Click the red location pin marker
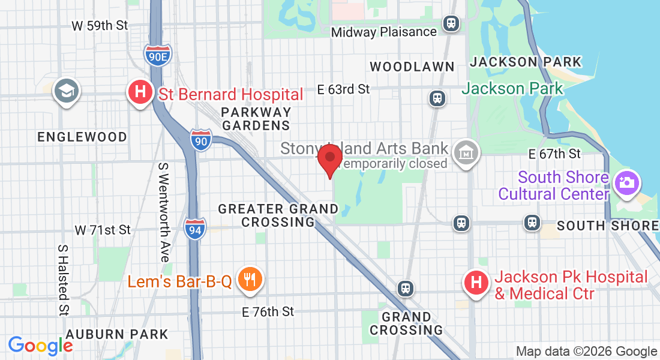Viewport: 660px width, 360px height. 329,158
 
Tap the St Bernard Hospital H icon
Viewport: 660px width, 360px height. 140,92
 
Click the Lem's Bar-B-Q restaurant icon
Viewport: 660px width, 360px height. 248,279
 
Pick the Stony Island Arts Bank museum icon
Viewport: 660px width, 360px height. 466,152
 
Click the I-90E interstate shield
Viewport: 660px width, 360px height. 158,55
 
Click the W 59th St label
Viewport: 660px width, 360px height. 100,26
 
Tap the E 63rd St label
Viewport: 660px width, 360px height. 344,89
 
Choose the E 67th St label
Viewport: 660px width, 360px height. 554,154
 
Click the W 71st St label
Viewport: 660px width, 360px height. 103,230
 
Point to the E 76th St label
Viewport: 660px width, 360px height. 268,311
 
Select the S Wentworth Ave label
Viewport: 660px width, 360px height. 163,212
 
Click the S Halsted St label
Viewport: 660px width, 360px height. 63,280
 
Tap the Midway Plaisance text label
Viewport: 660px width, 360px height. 384,31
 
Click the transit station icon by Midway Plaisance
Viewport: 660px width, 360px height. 451,24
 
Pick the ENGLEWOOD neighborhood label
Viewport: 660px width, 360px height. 82,137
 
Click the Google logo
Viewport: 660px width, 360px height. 41,346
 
